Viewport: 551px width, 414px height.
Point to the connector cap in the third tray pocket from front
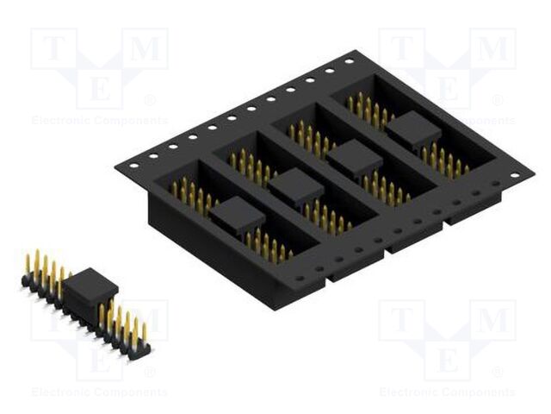[x=355, y=157]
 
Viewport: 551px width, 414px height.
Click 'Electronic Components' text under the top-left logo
[x=100, y=121]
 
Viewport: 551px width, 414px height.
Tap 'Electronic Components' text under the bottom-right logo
[x=448, y=392]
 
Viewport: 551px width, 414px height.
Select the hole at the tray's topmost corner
[x=349, y=62]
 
